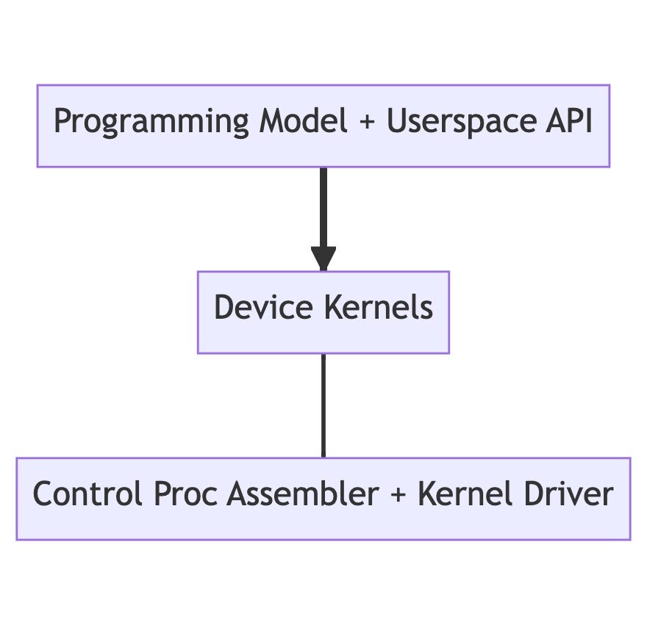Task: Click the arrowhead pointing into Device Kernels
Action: pyautogui.click(x=323, y=259)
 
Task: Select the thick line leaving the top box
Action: pyautogui.click(x=323, y=206)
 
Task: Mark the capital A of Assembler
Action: pyautogui.click(x=236, y=494)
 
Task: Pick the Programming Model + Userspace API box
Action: pyautogui.click(x=323, y=154)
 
